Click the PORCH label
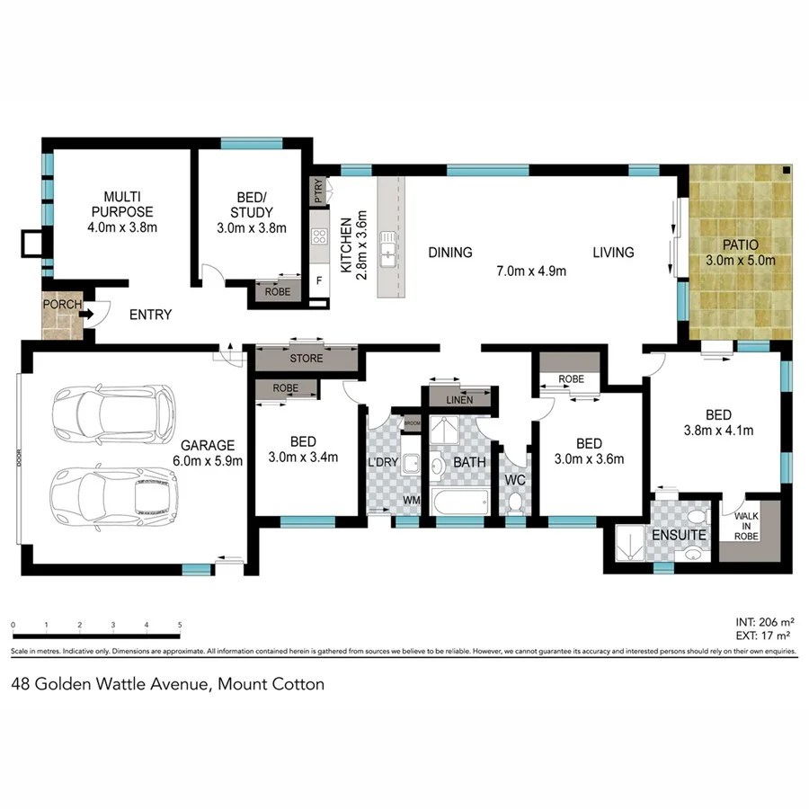click(61, 305)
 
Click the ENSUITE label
click(679, 536)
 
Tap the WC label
click(516, 479)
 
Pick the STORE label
click(306, 360)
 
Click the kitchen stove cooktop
click(319, 237)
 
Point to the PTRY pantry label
click(318, 191)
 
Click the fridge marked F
click(318, 280)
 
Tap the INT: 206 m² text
click(764, 621)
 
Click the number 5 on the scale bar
click(180, 625)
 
